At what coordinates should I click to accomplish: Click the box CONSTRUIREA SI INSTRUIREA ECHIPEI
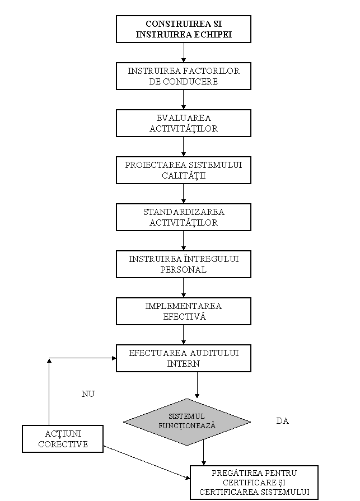(183, 29)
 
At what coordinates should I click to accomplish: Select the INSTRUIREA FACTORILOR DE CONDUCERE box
(183, 76)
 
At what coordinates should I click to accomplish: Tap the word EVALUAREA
(183, 118)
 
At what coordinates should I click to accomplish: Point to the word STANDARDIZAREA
(184, 212)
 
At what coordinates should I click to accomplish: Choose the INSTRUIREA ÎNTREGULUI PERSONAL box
(183, 264)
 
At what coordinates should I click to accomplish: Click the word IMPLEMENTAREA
(183, 306)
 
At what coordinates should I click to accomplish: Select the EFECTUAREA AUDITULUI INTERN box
(183, 358)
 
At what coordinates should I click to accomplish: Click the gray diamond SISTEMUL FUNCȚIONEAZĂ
(187, 422)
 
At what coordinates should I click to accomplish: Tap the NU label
(88, 394)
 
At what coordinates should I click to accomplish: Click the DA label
(282, 421)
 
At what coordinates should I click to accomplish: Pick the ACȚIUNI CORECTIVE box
(63, 439)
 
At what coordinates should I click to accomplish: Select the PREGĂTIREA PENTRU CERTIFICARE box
(254, 483)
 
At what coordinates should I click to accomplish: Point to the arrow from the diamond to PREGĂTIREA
(203, 453)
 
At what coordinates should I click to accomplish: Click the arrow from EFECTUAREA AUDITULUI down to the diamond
(197, 385)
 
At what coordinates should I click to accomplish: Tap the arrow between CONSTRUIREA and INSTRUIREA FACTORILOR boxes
(183, 53)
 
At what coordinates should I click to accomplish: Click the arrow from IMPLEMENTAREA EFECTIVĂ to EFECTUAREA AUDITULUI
(183, 335)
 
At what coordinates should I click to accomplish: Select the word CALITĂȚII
(183, 175)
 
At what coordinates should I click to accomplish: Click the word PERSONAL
(183, 269)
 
